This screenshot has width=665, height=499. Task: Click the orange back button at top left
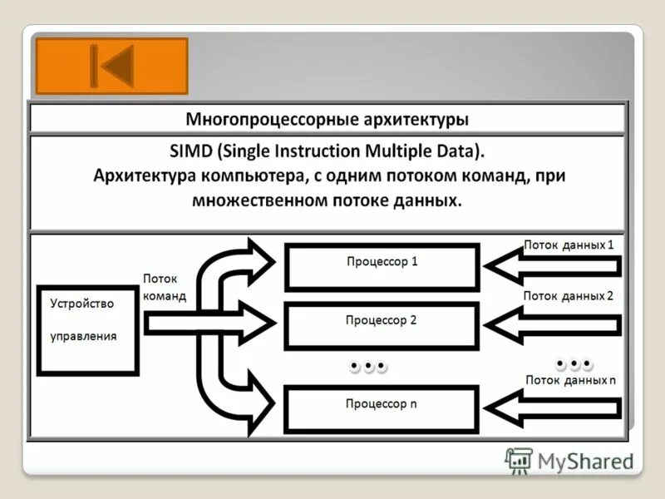(x=113, y=66)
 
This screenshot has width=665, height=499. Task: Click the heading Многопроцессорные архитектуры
(x=327, y=119)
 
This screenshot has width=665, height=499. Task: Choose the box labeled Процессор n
(x=382, y=408)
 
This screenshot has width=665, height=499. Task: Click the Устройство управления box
(x=86, y=331)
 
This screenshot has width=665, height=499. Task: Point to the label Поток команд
(x=165, y=288)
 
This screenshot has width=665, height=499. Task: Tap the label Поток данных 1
(x=569, y=245)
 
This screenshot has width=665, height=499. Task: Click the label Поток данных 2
(x=569, y=295)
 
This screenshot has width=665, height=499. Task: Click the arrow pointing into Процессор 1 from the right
(x=552, y=266)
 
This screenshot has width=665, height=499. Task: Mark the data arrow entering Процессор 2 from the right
(x=552, y=324)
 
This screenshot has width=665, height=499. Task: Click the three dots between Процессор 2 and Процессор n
(x=368, y=366)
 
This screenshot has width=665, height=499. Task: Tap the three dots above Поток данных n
(x=574, y=363)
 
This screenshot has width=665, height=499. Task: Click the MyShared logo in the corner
(x=569, y=460)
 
